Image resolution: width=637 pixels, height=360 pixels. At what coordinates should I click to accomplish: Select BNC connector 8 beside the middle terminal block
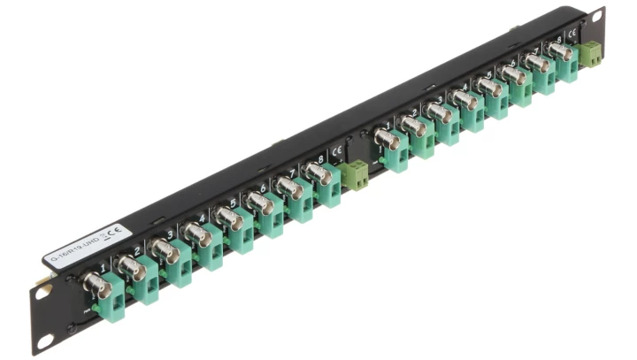(x=320, y=173)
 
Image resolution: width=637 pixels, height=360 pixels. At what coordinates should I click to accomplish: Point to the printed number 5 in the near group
(x=233, y=203)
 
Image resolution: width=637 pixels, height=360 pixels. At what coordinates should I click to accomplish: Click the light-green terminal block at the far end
(x=591, y=55)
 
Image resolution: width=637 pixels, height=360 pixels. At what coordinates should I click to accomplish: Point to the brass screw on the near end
(x=41, y=285)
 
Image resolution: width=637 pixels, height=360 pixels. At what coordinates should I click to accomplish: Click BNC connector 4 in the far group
(x=464, y=100)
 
